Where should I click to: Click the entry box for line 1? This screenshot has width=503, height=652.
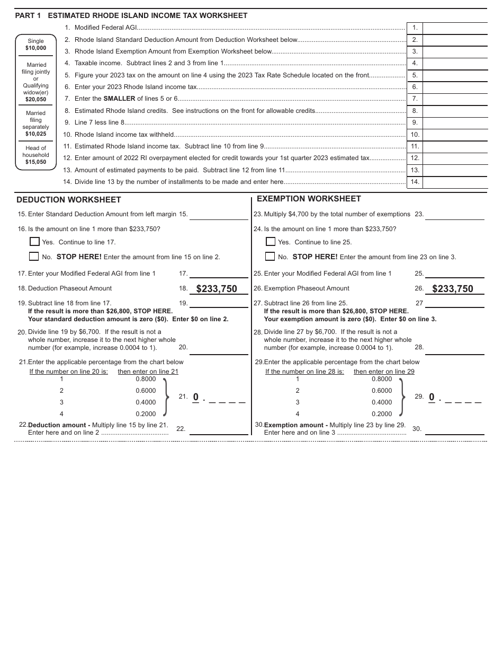tap(455, 28)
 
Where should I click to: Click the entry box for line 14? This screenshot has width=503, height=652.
tap(455, 182)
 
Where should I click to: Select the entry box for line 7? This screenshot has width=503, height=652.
tap(455, 99)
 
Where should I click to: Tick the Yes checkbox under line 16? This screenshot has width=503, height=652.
tap(34, 242)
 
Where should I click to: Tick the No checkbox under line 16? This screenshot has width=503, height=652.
tap(34, 257)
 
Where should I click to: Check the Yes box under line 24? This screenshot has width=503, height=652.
tap(270, 242)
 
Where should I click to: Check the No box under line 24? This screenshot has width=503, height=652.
tap(270, 257)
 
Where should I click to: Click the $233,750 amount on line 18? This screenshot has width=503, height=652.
tap(217, 289)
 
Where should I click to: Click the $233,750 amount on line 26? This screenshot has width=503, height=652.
tap(453, 289)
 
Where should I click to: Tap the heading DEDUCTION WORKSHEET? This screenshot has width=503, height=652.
tap(69, 200)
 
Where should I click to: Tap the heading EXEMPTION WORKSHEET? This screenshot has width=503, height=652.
tap(309, 199)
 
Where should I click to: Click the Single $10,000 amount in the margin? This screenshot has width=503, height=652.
tap(36, 48)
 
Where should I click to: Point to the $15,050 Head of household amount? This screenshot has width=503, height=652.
tap(36, 162)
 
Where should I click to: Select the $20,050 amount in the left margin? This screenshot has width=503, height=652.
tap(36, 99)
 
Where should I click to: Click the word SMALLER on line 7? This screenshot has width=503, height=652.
tap(119, 99)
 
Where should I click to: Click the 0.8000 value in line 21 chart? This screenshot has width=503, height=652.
tap(146, 379)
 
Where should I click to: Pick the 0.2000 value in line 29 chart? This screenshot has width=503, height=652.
tap(382, 414)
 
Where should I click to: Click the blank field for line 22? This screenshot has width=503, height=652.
tap(219, 429)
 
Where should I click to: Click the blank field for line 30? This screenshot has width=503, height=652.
tap(454, 429)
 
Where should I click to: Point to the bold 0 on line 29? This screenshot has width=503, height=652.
tap(432, 397)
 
